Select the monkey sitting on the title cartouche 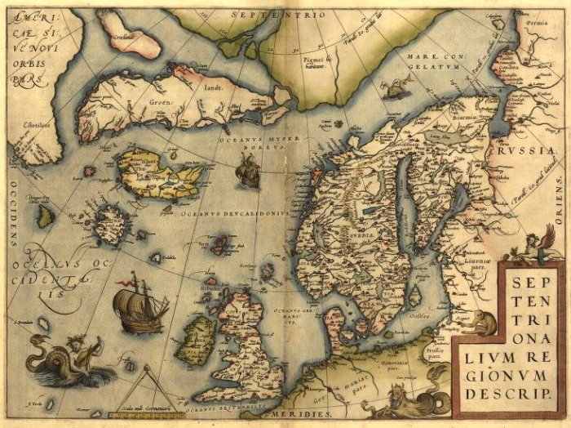click(484, 324)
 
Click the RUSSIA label click(525, 152)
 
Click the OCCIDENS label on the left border click(14, 220)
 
